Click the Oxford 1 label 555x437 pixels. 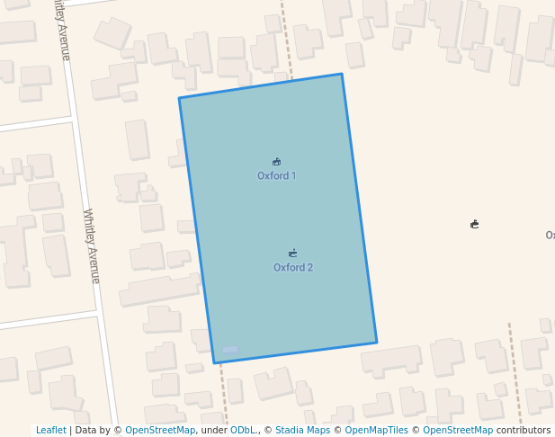276,176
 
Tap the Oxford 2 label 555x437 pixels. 293,268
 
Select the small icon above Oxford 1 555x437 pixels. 276,162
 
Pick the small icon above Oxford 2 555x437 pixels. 293,254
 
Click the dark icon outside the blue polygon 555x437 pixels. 474,224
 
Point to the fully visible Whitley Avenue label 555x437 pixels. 91,245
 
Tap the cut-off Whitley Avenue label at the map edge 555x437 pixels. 60,29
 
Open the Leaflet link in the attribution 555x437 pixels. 50,431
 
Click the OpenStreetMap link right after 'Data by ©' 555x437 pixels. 160,431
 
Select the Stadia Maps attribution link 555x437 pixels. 302,431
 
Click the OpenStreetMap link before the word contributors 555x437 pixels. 458,431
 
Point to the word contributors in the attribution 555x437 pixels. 524,431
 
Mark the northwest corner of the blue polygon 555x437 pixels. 179,98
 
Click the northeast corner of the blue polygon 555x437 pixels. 342,74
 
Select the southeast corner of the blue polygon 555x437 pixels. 377,343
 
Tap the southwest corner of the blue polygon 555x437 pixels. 214,363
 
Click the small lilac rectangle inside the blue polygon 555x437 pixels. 230,349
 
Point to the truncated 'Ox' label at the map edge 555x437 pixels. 550,236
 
